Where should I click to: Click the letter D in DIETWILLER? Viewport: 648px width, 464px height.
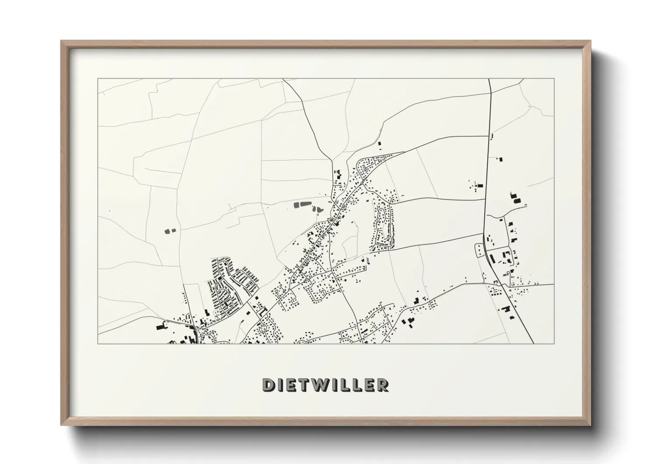coord(268,385)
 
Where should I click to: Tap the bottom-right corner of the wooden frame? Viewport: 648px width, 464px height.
coord(591,425)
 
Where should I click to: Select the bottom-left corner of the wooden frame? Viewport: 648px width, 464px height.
coord(61,425)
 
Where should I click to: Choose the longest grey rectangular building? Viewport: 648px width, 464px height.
coord(301,204)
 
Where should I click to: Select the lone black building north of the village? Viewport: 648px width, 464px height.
coord(380,143)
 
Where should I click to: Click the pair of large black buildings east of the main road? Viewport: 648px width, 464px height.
coord(515,198)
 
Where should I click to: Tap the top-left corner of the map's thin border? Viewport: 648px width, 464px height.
coord(98,79)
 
